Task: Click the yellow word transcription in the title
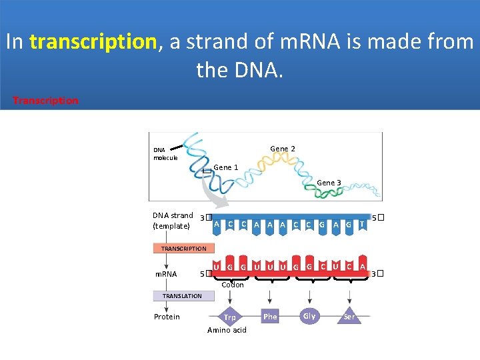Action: coord(92,42)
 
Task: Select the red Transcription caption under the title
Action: coord(45,101)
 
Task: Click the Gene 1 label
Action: coord(226,167)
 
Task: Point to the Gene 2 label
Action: coord(283,149)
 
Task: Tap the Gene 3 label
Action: coord(329,183)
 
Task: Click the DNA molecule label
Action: coord(165,154)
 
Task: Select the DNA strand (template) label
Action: coord(172,221)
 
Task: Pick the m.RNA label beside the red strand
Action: coord(167,273)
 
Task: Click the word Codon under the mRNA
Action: coord(232,285)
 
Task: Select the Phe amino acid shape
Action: coord(270,317)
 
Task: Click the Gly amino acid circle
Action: coord(309,316)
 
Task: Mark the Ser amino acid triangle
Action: coord(349,316)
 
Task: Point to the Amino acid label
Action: coord(227,330)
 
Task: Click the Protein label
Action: coord(167,317)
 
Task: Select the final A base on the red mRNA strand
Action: coord(362,267)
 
